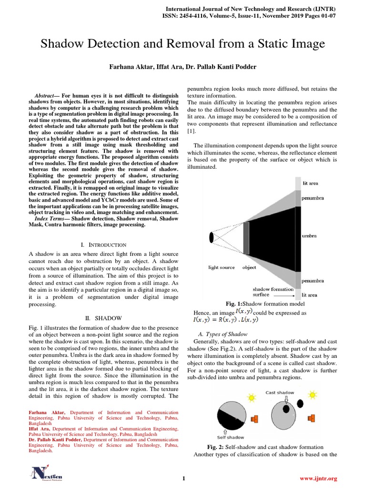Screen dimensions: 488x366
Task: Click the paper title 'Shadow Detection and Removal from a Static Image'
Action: [183, 44]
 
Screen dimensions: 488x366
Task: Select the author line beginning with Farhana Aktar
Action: [183, 67]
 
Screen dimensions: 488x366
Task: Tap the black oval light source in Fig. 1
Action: [211, 237]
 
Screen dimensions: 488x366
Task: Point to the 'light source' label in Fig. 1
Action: [222, 267]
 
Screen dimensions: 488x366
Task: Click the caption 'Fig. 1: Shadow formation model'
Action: [264, 304]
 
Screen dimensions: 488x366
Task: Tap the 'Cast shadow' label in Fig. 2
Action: [280, 393]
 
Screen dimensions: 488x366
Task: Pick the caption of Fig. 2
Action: [265, 447]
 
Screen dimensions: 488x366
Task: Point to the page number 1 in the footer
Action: [183, 478]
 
